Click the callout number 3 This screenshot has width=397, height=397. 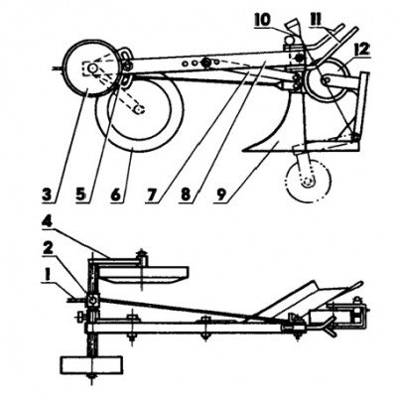pyautogui.click(x=49, y=195)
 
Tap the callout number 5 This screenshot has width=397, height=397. pyautogui.click(x=81, y=195)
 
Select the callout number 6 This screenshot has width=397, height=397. pyautogui.click(x=116, y=195)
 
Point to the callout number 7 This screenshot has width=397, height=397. pyautogui.click(x=151, y=195)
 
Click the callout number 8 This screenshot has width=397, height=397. pyautogui.click(x=185, y=195)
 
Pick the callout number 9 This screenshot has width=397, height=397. pyautogui.click(x=220, y=195)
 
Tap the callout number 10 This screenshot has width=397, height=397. pyautogui.click(x=262, y=20)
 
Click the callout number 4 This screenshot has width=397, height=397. pyautogui.click(x=49, y=224)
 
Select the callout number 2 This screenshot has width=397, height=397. pyautogui.click(x=48, y=250)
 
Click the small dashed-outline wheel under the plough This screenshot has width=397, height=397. pyautogui.click(x=309, y=181)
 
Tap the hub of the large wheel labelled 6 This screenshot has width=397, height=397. pyautogui.click(x=139, y=109)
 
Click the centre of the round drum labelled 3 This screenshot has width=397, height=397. pyautogui.click(x=91, y=68)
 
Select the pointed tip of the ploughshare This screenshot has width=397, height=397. pyautogui.click(x=243, y=151)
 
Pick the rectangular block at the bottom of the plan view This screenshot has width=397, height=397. pyautogui.click(x=91, y=364)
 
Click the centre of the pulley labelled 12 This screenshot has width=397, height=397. pyautogui.click(x=328, y=80)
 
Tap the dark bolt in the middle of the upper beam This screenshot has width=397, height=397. pyautogui.click(x=207, y=62)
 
